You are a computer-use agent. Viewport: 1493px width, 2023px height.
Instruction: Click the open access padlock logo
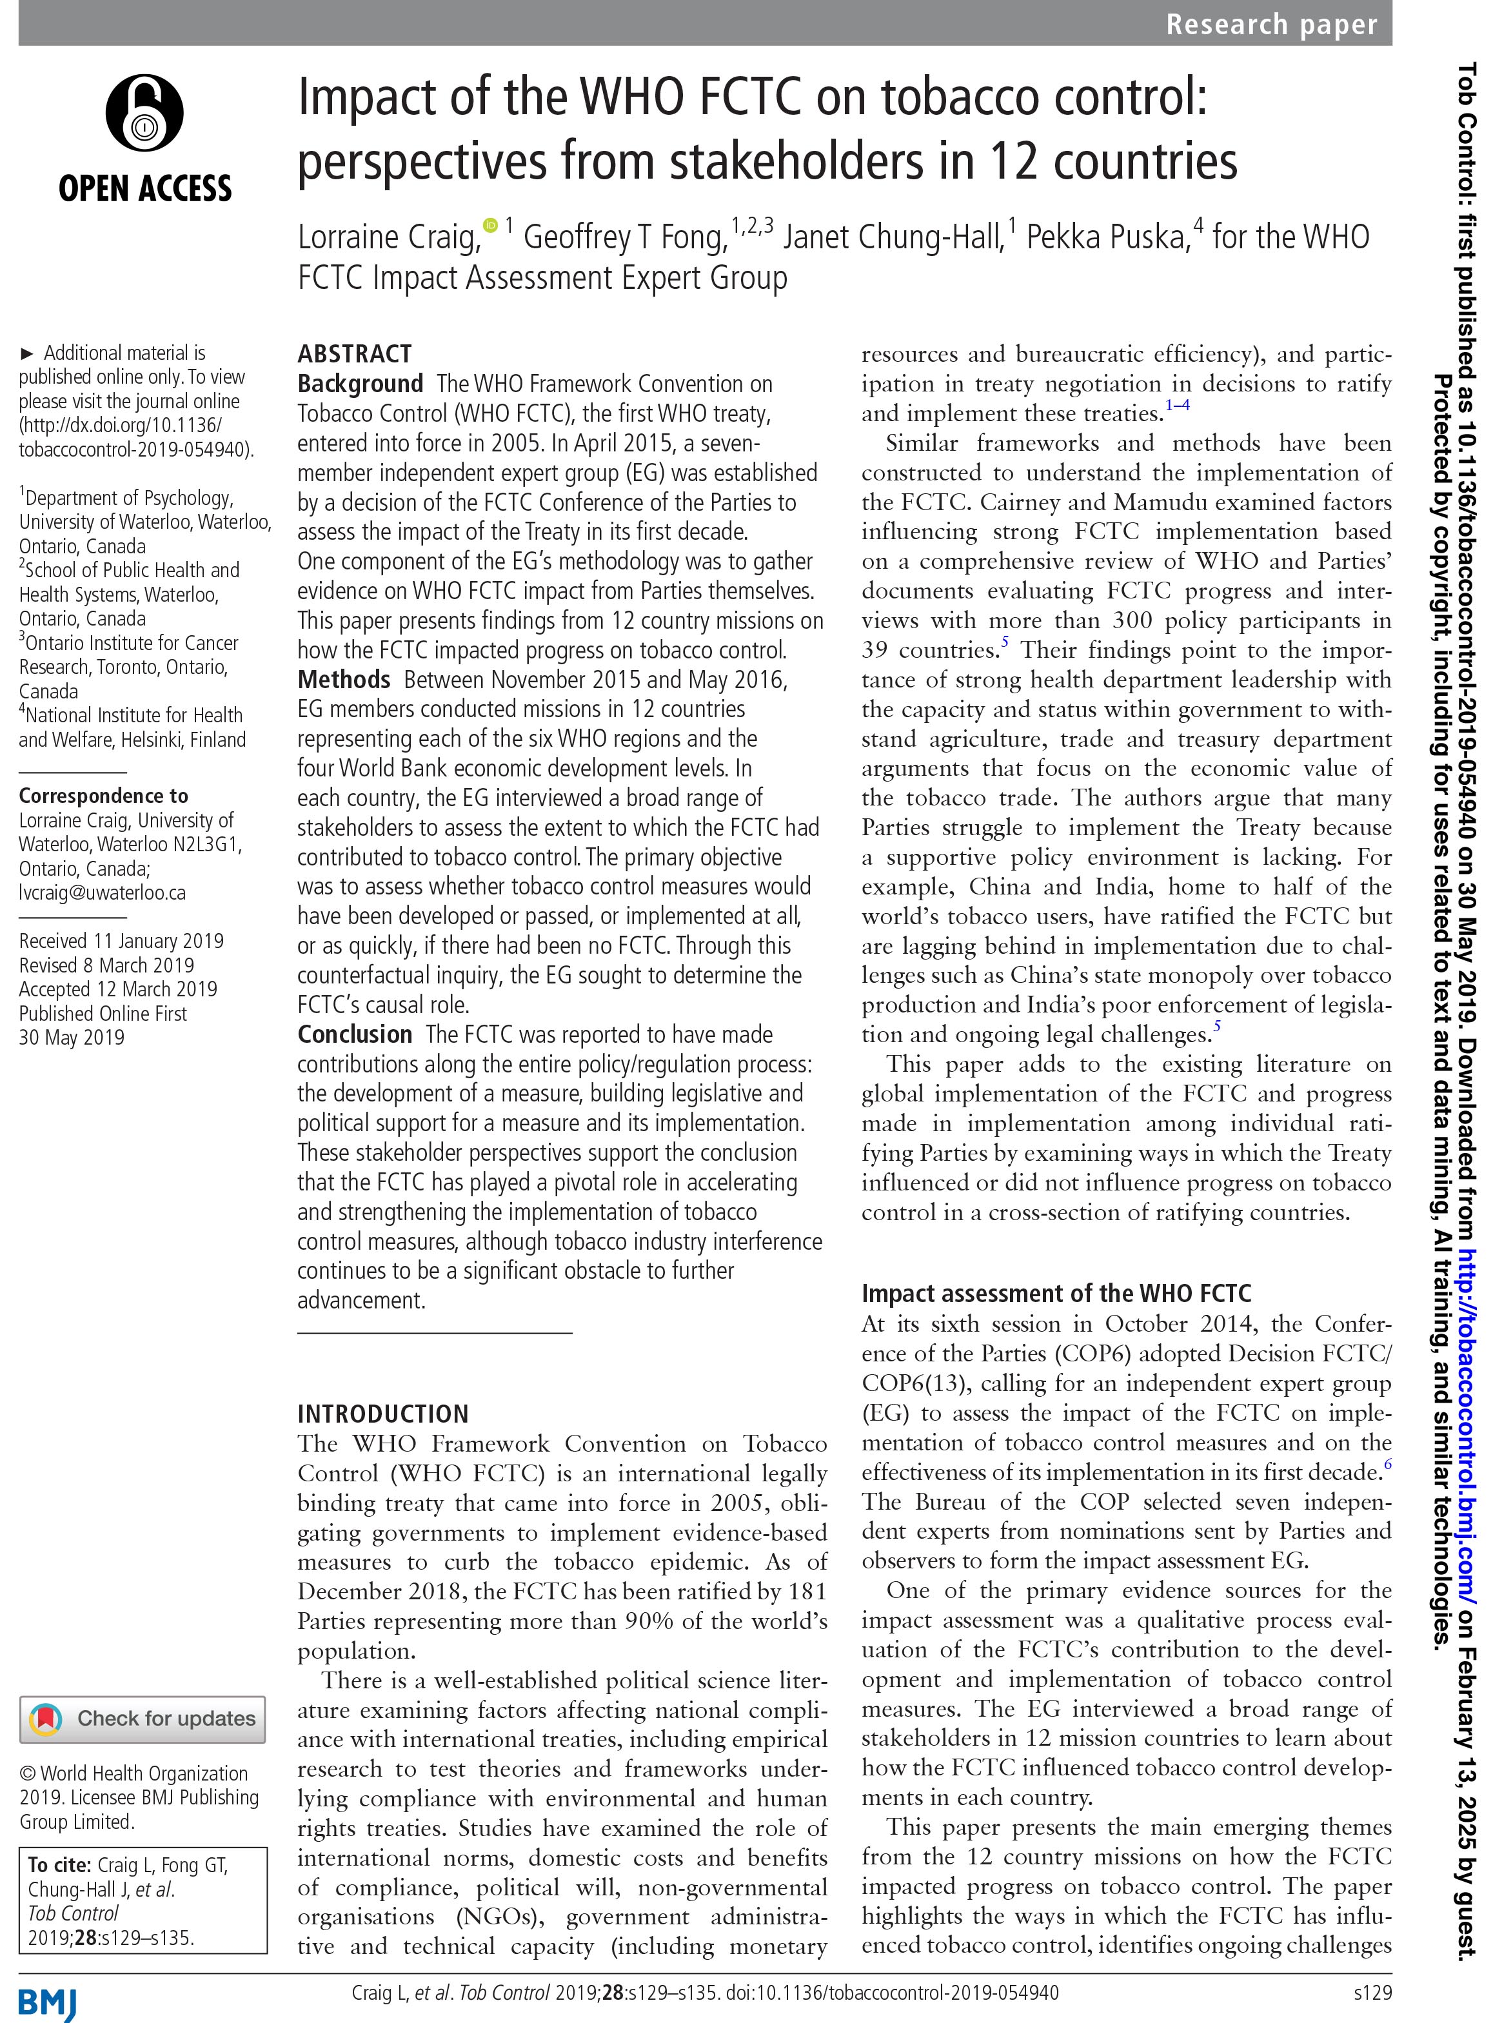[x=144, y=114]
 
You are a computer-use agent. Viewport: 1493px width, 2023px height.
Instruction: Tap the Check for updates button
[x=143, y=1719]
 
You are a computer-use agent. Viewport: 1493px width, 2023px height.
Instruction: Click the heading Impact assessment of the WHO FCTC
[x=1056, y=1294]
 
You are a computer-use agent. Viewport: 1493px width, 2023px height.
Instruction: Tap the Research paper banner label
[x=1271, y=25]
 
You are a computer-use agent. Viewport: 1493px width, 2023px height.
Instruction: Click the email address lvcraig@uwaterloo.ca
[x=102, y=893]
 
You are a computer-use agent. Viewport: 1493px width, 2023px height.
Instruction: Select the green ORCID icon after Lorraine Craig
[x=491, y=224]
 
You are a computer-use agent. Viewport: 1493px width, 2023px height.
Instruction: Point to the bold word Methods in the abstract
[x=344, y=680]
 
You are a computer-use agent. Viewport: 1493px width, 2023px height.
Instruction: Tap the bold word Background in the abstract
[x=360, y=384]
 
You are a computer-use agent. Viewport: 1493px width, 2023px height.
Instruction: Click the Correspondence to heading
[x=103, y=796]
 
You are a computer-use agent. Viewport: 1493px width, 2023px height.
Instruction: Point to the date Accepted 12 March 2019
[x=117, y=989]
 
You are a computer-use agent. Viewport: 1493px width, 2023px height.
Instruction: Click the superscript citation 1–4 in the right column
[x=1177, y=406]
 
